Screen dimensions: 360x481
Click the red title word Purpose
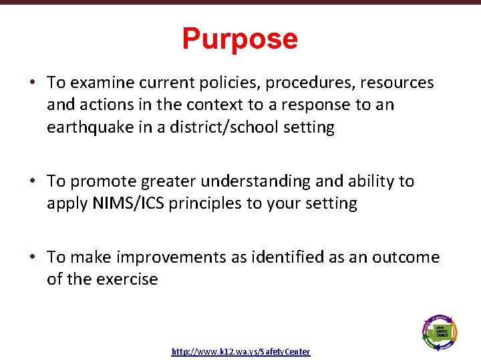(x=240, y=39)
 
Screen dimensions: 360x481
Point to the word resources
(x=398, y=83)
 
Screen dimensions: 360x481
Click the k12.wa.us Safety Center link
(x=240, y=351)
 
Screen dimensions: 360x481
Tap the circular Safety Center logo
(x=440, y=331)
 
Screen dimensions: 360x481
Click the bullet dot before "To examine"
(x=32, y=83)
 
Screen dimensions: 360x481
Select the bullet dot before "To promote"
(x=32, y=182)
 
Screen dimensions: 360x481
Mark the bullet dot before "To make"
(x=32, y=258)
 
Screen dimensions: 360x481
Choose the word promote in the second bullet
(x=100, y=181)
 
